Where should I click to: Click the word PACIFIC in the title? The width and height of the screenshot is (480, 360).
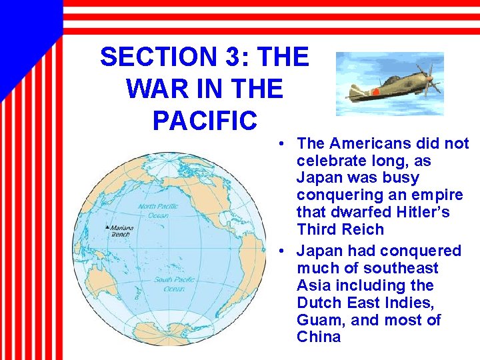pos(205,121)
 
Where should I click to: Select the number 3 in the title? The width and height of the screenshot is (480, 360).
pos(233,57)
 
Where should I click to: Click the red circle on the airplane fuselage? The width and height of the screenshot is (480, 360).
pos(377,91)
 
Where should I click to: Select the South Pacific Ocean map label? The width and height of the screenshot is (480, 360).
pos(174,284)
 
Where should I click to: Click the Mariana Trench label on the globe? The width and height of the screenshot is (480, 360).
pos(122,231)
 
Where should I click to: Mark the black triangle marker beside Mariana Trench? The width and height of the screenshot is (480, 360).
pos(107,227)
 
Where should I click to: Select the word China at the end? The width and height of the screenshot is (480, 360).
pos(319,337)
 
